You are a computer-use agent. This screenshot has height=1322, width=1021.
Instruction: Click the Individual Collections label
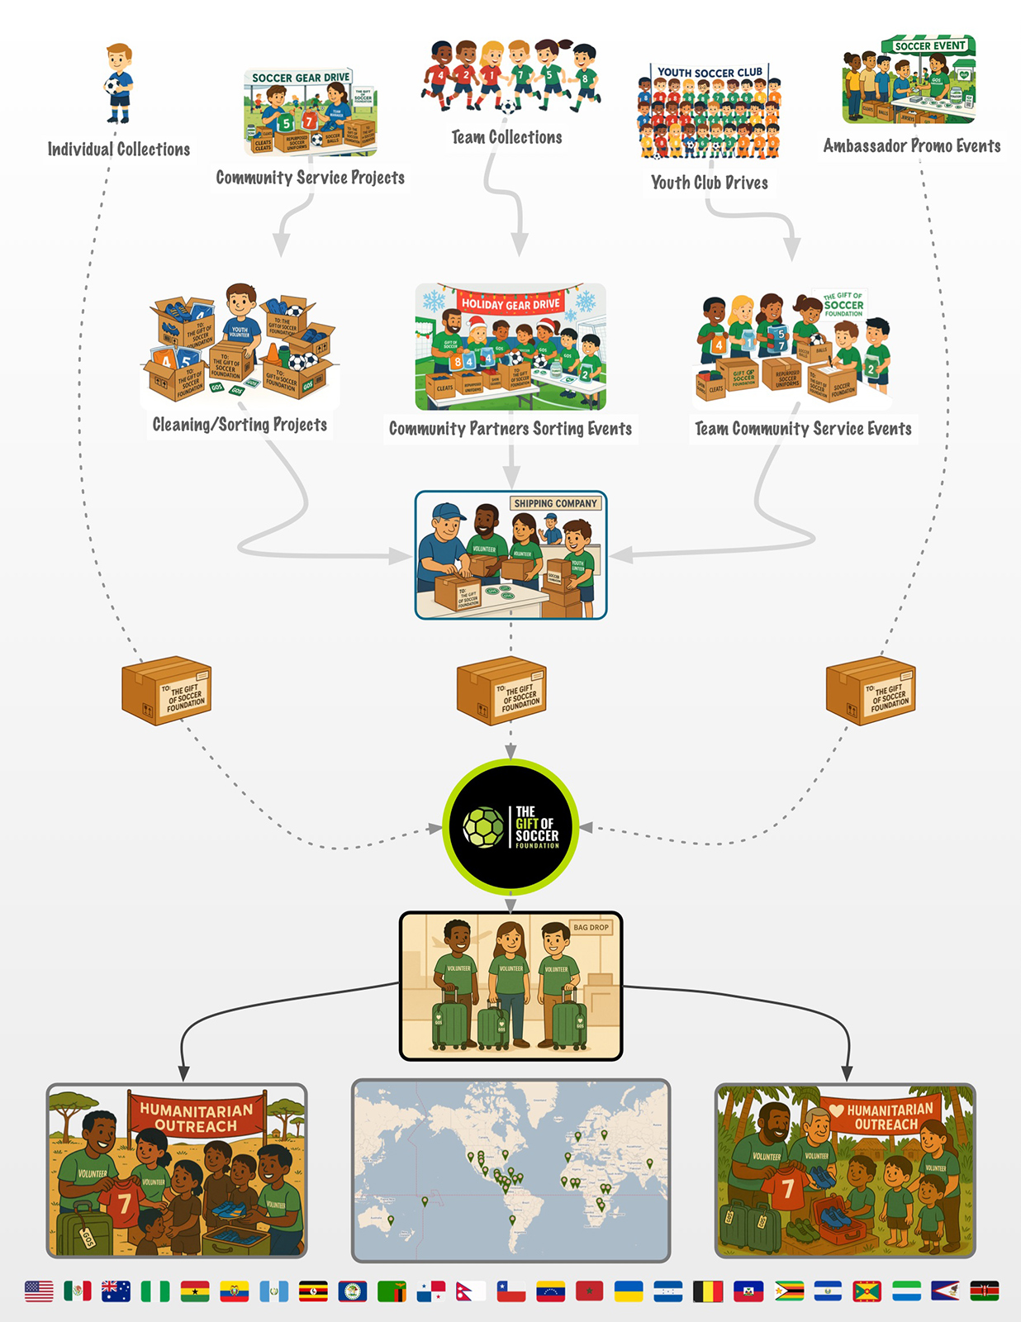tap(119, 150)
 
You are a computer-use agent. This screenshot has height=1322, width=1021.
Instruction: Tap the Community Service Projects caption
tap(310, 178)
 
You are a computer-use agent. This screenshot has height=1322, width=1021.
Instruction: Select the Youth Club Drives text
tap(709, 183)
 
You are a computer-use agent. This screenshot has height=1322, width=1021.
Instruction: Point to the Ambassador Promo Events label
tap(911, 146)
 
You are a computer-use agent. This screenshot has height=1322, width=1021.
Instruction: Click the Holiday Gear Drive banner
tap(510, 304)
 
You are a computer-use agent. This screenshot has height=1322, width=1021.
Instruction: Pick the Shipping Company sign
tap(555, 503)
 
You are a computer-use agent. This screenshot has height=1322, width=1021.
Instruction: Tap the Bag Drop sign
tap(591, 927)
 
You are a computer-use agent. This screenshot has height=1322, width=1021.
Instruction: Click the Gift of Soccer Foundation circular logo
tap(510, 827)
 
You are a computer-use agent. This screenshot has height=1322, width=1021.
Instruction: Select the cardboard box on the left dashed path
tap(166, 690)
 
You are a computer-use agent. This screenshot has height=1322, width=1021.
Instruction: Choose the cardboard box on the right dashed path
tap(870, 691)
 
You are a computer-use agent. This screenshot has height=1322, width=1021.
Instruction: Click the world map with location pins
tap(510, 1170)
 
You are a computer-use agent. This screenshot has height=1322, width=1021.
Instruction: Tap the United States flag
tap(39, 1291)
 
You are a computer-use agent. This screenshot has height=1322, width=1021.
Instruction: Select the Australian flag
tap(116, 1291)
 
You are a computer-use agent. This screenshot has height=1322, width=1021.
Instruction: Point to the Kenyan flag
tap(984, 1291)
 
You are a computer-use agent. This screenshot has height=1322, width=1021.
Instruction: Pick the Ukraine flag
tap(629, 1291)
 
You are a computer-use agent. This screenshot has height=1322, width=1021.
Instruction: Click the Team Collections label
tap(506, 137)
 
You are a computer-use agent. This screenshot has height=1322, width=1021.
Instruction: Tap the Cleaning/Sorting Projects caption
tap(240, 425)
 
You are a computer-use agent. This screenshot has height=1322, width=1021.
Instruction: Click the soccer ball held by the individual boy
tap(112, 85)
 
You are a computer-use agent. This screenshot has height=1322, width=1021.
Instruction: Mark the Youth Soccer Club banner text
tap(710, 73)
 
